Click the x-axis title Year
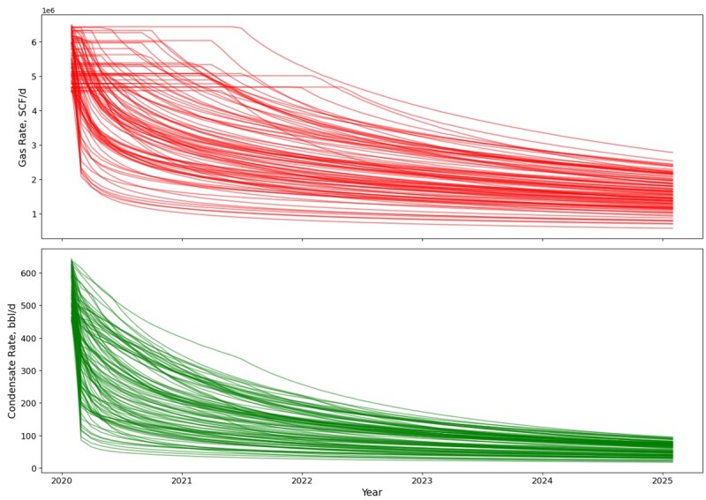pos(371,492)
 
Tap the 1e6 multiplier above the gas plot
pos(49,10)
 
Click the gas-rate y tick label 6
pos(33,42)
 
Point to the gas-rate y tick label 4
pos(33,111)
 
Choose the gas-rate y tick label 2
pos(33,180)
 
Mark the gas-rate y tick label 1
pos(33,214)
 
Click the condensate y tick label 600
pos(27,273)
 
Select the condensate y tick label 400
pos(27,339)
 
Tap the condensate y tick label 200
pos(27,403)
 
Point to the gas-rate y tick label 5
pos(33,77)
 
